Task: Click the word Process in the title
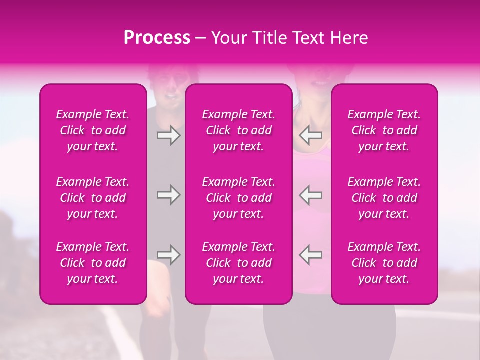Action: pyautogui.click(x=157, y=38)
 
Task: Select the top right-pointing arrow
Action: pyautogui.click(x=168, y=135)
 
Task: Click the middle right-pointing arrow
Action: pyautogui.click(x=168, y=195)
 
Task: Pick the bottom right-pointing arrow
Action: pyautogui.click(x=168, y=255)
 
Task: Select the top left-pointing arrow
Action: pyautogui.click(x=311, y=135)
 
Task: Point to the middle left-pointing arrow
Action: pyautogui.click(x=311, y=195)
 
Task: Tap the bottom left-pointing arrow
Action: pyautogui.click(x=311, y=255)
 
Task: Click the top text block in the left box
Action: pyautogui.click(x=93, y=130)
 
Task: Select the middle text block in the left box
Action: pyautogui.click(x=93, y=198)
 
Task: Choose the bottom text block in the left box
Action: pyautogui.click(x=93, y=263)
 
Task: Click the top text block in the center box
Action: pyautogui.click(x=239, y=130)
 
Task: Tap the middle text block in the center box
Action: pyautogui.click(x=239, y=198)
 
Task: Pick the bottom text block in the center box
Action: pyautogui.click(x=239, y=263)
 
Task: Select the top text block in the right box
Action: pyautogui.click(x=384, y=130)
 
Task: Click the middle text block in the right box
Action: pyautogui.click(x=384, y=198)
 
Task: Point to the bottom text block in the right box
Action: pyautogui.click(x=384, y=263)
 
